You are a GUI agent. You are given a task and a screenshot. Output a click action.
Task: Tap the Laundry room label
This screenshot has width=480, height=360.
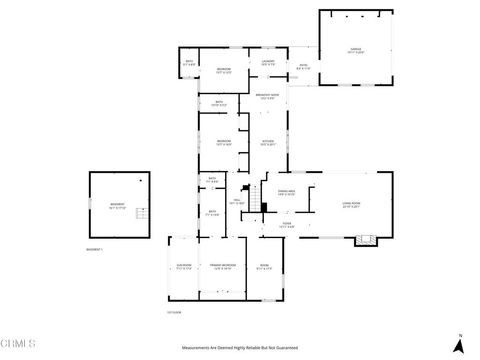pos(268,62)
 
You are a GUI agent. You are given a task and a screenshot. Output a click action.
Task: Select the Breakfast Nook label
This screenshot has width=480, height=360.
pos(267,96)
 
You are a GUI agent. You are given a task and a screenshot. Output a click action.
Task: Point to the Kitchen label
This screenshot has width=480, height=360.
pos(267,142)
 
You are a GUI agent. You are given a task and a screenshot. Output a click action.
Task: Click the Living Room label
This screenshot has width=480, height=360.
pos(349,207)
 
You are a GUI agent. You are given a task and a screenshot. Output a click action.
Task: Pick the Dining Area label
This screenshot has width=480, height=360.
pos(285,191)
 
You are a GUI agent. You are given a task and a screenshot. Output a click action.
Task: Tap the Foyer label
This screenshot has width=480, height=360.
pos(286,225)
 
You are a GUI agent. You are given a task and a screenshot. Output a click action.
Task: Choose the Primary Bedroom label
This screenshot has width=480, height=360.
pos(222,267)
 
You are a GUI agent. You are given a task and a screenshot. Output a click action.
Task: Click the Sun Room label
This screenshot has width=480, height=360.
pos(183,267)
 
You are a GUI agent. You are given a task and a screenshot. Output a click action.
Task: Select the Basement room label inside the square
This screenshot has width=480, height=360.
pos(118,207)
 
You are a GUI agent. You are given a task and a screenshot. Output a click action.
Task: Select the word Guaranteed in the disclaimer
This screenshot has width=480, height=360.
pos(286,348)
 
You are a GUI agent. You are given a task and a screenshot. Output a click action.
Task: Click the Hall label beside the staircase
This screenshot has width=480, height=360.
pos(237,203)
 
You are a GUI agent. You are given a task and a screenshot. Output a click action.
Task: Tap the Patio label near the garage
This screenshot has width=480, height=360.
pos(303,68)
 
